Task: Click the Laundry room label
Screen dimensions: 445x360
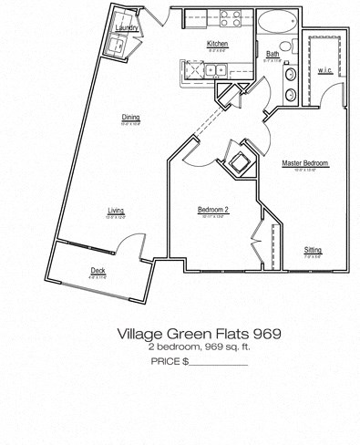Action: point(127,28)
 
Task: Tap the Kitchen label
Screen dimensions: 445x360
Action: point(217,44)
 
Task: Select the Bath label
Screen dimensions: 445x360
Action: point(273,54)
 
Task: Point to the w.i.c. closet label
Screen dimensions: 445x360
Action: point(325,69)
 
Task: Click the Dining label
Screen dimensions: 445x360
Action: point(131,117)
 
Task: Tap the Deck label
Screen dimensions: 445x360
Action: point(98,271)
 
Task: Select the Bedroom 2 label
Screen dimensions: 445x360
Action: point(212,211)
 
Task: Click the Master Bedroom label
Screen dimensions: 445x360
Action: point(304,163)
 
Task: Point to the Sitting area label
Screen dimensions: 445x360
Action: point(313,250)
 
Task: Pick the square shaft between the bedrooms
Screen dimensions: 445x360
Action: point(242,162)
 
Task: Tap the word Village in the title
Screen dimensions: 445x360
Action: point(140,334)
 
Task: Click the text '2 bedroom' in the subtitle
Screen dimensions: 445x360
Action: point(168,347)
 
